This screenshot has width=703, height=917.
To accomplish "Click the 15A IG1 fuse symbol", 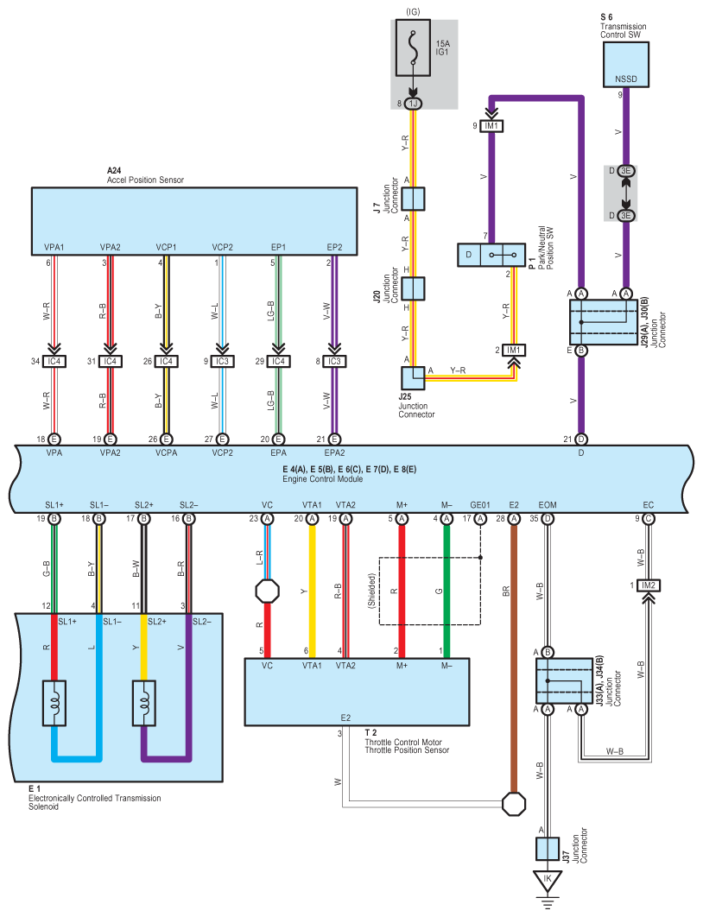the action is (x=414, y=48).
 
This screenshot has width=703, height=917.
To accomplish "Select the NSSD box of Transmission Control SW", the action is (x=626, y=65).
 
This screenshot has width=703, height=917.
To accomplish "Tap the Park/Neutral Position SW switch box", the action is (x=491, y=255).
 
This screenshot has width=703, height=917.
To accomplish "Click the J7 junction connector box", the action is (x=413, y=199).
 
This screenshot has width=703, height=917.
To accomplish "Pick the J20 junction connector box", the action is (x=413, y=288).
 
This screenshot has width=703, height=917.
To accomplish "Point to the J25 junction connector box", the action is (x=413, y=378).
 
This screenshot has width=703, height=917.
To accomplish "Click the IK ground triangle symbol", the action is (x=548, y=880).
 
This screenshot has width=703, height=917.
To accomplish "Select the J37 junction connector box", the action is (x=548, y=849).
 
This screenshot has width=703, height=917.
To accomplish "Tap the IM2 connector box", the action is (x=648, y=585).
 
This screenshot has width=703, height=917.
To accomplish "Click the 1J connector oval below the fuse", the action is (x=414, y=104).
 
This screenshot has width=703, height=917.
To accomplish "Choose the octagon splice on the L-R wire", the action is (x=267, y=591).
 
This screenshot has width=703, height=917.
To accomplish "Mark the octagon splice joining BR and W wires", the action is (x=514, y=804).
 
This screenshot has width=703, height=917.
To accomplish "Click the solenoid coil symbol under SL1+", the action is (x=54, y=703).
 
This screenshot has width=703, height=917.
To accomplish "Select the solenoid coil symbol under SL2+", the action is (x=144, y=703).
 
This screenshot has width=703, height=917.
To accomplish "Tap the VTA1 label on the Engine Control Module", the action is (x=312, y=505).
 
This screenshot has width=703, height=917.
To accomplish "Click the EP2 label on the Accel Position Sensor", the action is (x=334, y=247).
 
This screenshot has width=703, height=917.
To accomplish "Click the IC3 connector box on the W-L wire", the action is (x=222, y=362).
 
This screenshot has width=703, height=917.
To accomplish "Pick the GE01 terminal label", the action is (x=480, y=505).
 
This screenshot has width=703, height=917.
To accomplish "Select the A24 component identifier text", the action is (x=114, y=171).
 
